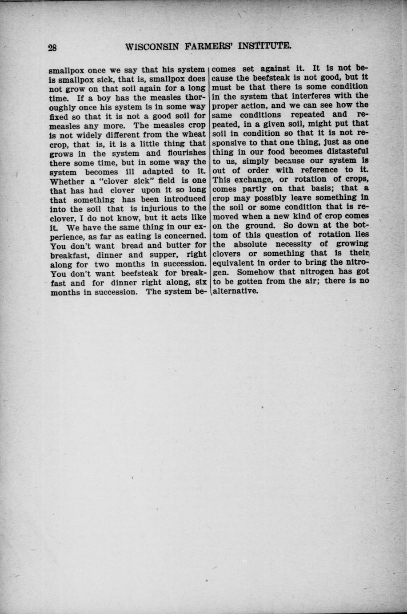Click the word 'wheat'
194,134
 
